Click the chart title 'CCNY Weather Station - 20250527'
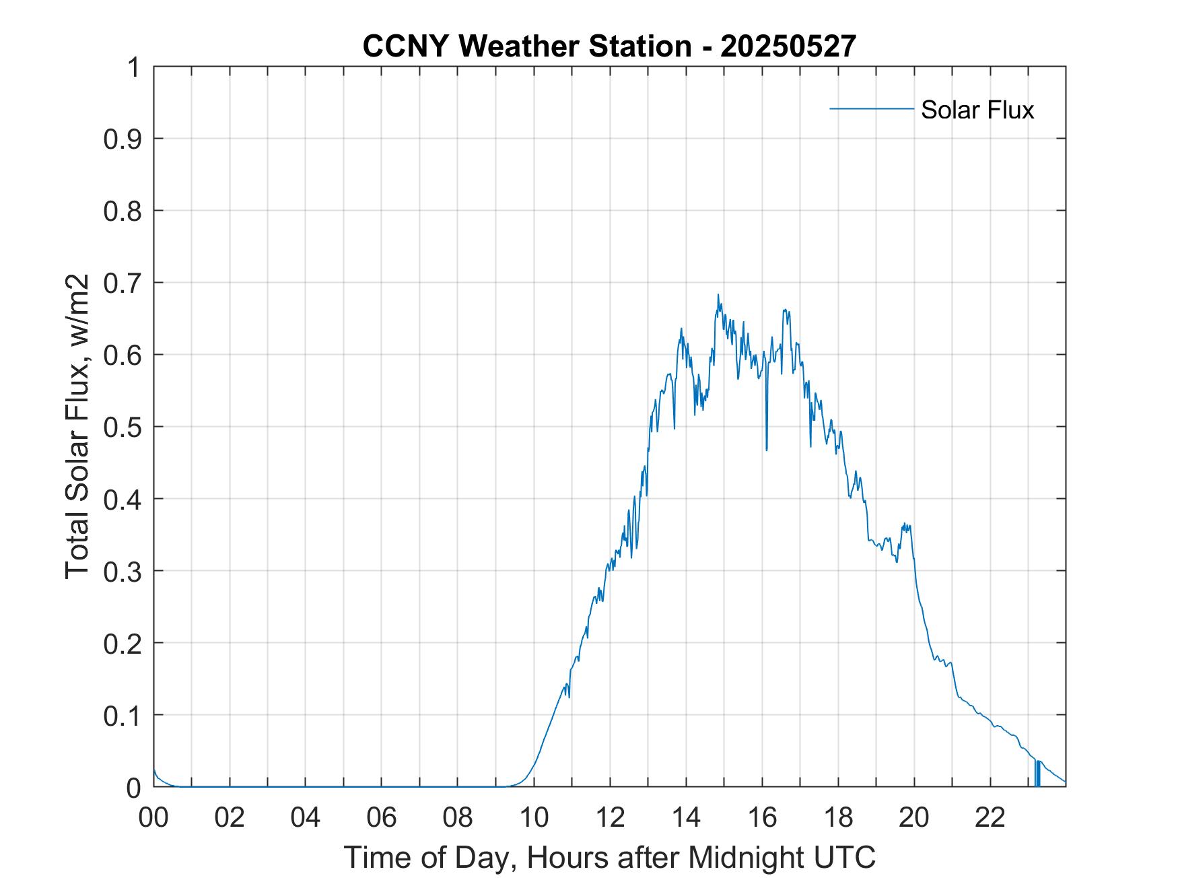[x=609, y=46]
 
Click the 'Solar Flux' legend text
[x=977, y=109]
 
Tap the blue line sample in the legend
[x=871, y=108]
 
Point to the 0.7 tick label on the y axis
[x=123, y=283]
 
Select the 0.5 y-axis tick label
[x=123, y=427]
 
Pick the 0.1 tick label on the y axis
[x=123, y=715]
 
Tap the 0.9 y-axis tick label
[x=123, y=139]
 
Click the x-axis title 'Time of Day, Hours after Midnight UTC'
[x=609, y=857]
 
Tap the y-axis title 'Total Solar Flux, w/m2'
[x=77, y=427]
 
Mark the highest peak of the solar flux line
[x=718, y=295]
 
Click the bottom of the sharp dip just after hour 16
[x=766, y=449]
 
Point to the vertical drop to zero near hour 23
[x=1037, y=774]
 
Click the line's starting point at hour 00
[x=154, y=769]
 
